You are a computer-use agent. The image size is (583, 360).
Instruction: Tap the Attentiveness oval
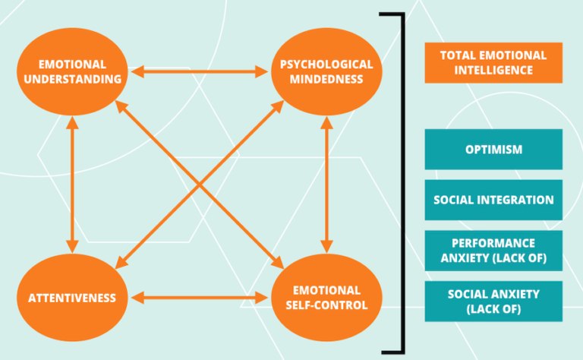[x=72, y=298]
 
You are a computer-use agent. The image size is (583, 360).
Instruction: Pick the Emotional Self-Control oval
[x=326, y=298]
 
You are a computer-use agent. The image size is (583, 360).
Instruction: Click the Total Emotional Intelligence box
[x=493, y=62]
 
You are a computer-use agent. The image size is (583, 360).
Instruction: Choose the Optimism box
[x=493, y=149]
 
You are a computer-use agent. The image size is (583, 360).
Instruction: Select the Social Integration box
[x=493, y=200]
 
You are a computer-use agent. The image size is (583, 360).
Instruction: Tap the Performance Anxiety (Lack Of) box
[x=493, y=251]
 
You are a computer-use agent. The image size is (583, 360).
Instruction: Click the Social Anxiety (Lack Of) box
[x=493, y=302]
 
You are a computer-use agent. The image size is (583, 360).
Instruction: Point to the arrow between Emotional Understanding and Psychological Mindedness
[x=199, y=73]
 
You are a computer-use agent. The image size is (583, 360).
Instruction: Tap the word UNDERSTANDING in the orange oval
[x=72, y=79]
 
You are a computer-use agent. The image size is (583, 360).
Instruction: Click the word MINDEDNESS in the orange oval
[x=326, y=79]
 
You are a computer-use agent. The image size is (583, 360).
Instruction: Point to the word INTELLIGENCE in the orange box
[x=493, y=71]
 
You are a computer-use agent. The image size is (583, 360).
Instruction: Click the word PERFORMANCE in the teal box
[x=493, y=242]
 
